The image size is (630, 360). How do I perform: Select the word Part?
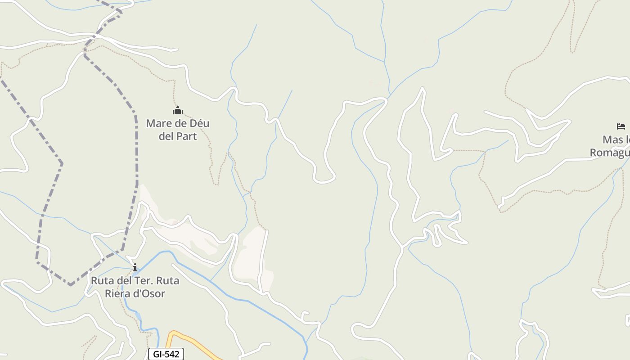188,136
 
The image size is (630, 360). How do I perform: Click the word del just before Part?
167,136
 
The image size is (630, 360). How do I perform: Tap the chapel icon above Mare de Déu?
178,110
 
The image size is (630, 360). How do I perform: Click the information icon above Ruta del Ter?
135,268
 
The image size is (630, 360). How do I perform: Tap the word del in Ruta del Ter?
123,281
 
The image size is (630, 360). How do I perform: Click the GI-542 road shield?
166,354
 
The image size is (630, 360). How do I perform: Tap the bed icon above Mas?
621,126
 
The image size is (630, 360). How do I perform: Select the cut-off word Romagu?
610,153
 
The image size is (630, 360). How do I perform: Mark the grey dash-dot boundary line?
136,148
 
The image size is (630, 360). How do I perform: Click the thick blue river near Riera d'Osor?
252,301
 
